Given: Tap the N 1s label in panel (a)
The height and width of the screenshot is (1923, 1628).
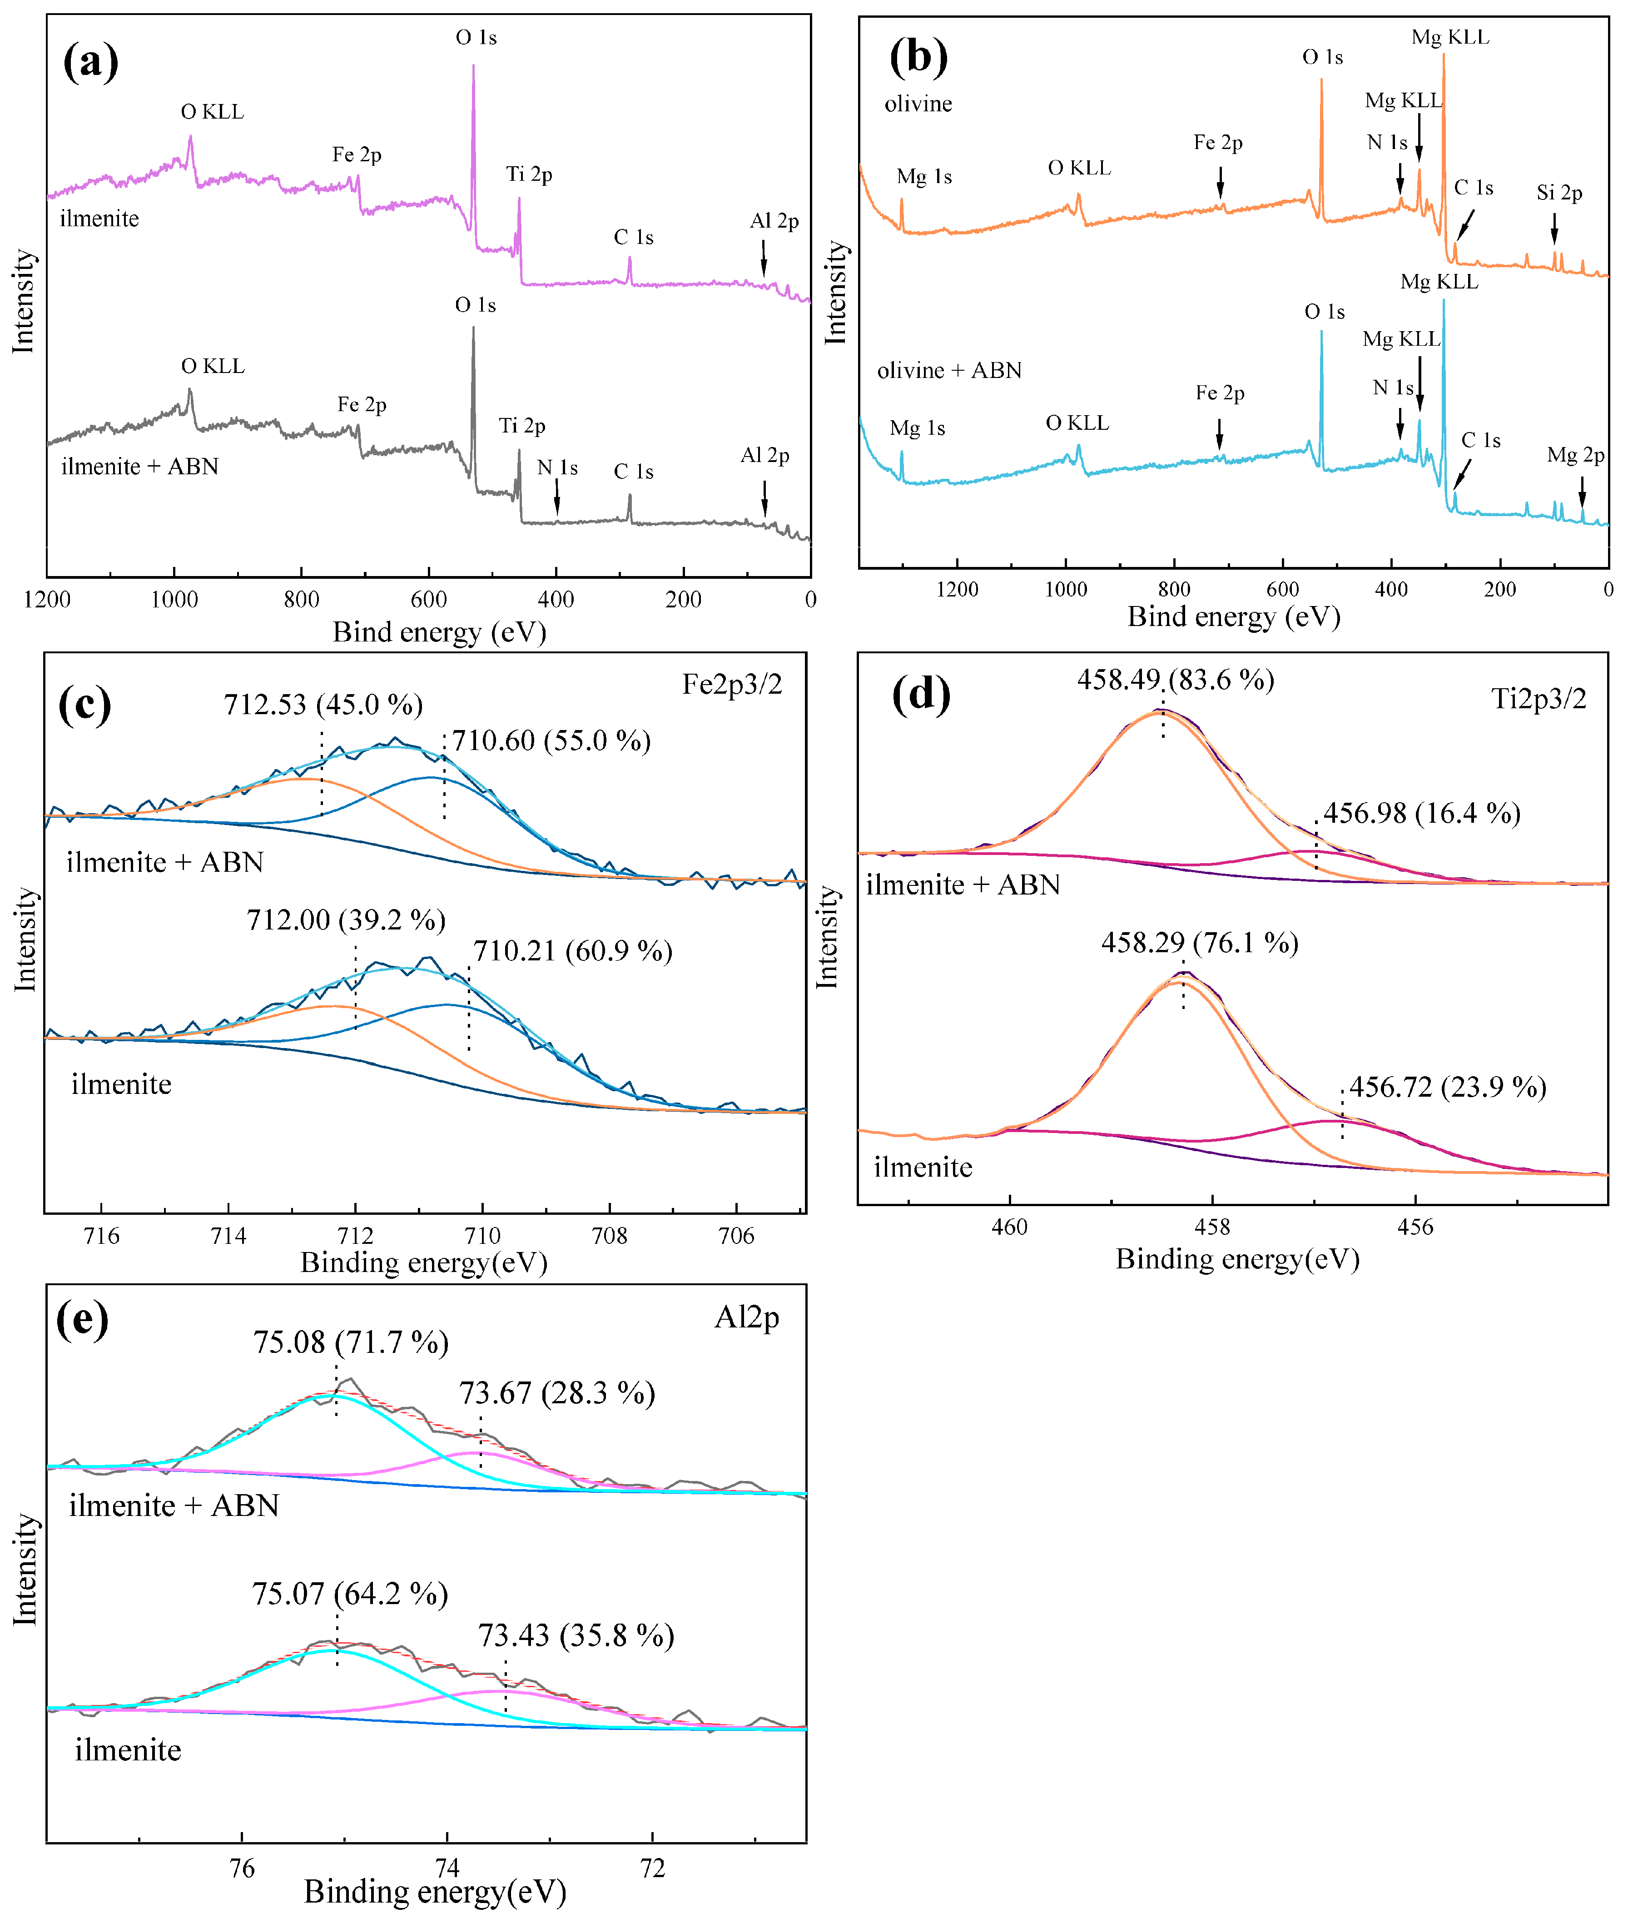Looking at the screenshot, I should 557,468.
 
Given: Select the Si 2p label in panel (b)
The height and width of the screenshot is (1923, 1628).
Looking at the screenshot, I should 1559,193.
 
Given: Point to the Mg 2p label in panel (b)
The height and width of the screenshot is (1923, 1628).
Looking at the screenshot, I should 1575,455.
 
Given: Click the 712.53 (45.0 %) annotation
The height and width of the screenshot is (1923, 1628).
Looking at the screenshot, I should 323,705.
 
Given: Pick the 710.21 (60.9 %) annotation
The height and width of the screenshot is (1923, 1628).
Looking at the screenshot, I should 572,951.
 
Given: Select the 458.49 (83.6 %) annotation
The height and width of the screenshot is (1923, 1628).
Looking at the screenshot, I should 1175,680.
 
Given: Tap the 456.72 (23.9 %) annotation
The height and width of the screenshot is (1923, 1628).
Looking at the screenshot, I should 1447,1087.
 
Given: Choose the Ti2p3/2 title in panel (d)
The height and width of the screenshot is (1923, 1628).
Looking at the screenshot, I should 1539,699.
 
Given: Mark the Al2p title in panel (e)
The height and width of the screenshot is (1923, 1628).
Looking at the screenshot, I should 747,1317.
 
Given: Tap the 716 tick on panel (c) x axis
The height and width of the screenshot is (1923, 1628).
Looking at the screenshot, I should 101,1236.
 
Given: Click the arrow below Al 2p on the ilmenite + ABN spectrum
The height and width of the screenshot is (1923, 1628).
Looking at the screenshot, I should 764,504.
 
